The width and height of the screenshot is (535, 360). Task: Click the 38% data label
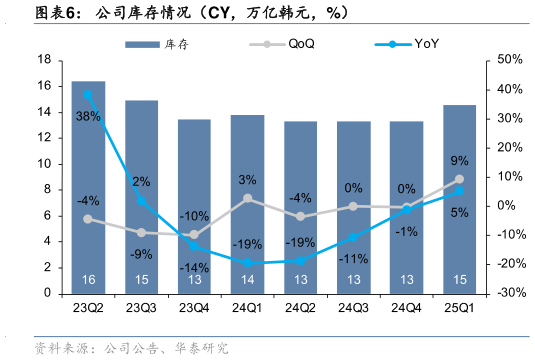click(x=87, y=117)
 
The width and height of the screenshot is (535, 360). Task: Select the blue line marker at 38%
click(x=88, y=95)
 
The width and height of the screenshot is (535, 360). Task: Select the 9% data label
click(x=459, y=160)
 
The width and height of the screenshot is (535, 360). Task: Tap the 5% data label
click(x=460, y=212)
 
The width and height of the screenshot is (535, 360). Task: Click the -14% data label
click(x=194, y=268)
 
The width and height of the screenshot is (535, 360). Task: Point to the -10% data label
click(x=194, y=216)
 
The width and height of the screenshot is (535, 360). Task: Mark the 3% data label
click(x=247, y=180)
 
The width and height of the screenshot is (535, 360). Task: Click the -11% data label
click(x=353, y=259)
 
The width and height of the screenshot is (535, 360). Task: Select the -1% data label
click(x=406, y=231)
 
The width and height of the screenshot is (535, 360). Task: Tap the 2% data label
click(x=141, y=182)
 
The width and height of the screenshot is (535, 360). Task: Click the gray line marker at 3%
click(x=247, y=198)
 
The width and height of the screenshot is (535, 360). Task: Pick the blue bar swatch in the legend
click(x=142, y=44)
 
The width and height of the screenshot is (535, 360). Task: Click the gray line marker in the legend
click(x=267, y=44)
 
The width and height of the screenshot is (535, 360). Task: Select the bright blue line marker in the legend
click(x=393, y=44)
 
